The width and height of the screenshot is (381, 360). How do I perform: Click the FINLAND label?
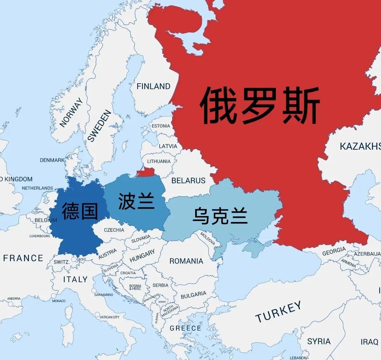tap(153, 86)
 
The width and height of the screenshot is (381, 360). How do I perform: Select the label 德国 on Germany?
tap(80, 211)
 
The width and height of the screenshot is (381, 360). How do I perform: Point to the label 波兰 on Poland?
tap(137, 201)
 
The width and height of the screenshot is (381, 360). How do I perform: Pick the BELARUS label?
tap(188, 180)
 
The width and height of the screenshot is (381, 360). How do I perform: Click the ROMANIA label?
tap(186, 261)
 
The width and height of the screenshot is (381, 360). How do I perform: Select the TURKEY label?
tap(278, 312)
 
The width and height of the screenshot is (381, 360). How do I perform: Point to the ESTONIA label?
tap(161, 126)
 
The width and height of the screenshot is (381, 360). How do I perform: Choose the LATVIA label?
tap(168, 146)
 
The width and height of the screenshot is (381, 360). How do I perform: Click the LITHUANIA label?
tap(159, 161)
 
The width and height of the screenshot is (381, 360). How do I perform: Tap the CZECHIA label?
tap(114, 230)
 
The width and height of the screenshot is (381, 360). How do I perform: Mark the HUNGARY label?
tap(142, 256)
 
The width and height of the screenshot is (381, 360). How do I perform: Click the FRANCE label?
tap(23, 258)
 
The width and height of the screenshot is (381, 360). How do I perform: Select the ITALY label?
tap(75, 279)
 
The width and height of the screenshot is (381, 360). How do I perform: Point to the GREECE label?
tap(185, 328)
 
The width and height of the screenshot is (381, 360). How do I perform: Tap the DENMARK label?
tap(52, 160)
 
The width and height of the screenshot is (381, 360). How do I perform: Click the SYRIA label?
tap(319, 341)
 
